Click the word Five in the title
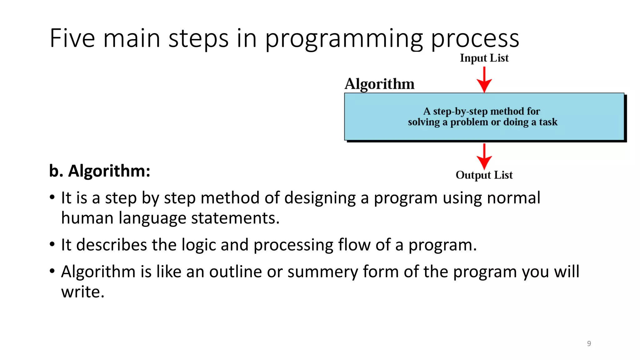72,38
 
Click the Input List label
484,58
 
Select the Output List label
484,175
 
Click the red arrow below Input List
484,80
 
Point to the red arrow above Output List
484,156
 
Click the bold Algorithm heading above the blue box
379,84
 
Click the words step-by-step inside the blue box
460,111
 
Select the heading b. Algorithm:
100,171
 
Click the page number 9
589,343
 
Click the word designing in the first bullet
320,198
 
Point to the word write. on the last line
82,292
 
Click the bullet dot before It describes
52,244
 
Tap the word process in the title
475,39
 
